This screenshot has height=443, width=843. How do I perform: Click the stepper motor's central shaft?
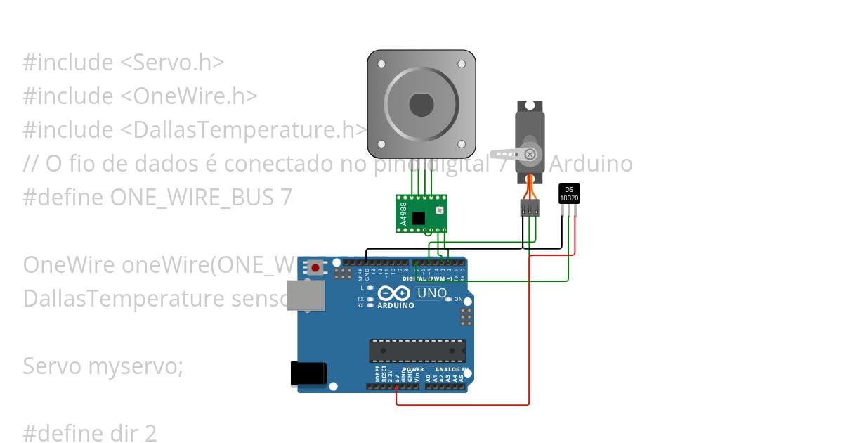pos(421,105)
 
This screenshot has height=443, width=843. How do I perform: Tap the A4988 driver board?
pos(421,213)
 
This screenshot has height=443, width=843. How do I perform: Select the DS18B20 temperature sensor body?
pos(569,193)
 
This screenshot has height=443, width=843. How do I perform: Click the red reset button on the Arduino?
pos(316,267)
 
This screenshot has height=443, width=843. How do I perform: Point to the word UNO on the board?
pos(432,293)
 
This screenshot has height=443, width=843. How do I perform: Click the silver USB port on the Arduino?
pos(307,296)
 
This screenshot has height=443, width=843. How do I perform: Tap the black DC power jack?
pos(309,373)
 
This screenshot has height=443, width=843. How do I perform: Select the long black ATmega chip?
pos(417,350)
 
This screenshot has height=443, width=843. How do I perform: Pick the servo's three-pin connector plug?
pos(530,207)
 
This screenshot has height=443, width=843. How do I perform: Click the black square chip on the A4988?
pos(419,218)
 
